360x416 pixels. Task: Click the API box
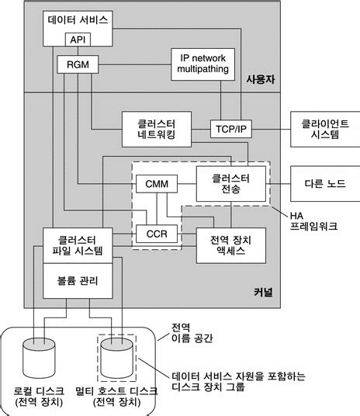pos(78,40)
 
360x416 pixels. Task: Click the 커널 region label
pos(262,291)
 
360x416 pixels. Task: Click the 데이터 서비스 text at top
pos(78,17)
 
